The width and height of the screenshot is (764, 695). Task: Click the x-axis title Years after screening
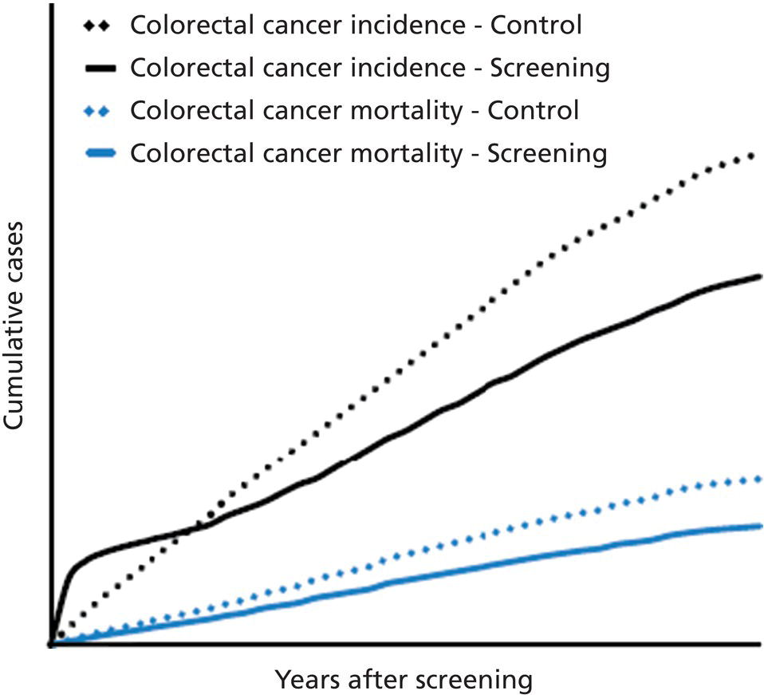[403, 680]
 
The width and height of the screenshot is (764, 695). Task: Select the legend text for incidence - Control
[356, 25]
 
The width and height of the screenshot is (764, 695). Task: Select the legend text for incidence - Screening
[370, 67]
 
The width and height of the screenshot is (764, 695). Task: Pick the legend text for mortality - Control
[354, 109]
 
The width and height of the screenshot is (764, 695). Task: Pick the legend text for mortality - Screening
[368, 152]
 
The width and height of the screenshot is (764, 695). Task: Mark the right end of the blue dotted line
[758, 479]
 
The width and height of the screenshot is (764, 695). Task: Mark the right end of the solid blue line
[760, 526]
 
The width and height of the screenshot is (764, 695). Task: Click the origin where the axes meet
[50, 643]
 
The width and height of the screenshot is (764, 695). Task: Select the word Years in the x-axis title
[305, 680]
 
